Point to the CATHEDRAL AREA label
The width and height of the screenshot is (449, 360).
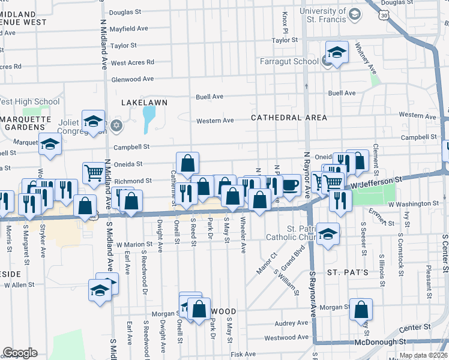pyautogui.click(x=289, y=118)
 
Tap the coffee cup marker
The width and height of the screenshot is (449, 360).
pyautogui.click(x=290, y=185)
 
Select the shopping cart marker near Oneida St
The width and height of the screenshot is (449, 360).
pyautogui.click(x=94, y=173)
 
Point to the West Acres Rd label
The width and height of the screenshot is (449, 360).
pyautogui.click(x=132, y=62)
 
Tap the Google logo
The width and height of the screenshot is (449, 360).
pyautogui.click(x=20, y=353)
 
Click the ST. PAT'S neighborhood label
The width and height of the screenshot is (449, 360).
pyautogui.click(x=347, y=272)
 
